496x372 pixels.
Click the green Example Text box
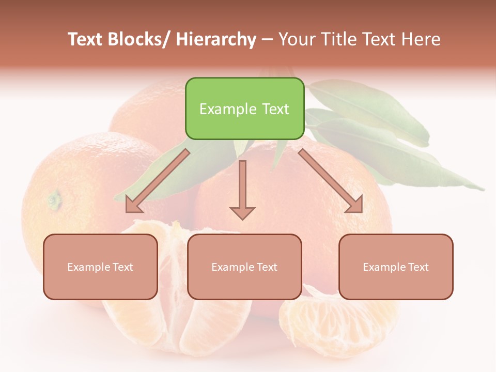click(244, 109)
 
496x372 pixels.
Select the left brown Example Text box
click(100, 267)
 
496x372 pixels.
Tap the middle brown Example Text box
click(244, 267)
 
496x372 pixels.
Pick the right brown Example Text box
click(396, 267)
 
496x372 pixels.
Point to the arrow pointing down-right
click(331, 181)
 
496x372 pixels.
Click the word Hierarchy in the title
click(216, 39)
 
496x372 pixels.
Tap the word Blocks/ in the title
click(143, 39)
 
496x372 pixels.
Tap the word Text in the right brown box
click(418, 267)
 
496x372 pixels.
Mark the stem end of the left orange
click(54, 199)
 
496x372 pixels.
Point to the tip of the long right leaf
click(481, 189)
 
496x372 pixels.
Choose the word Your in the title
click(296, 39)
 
